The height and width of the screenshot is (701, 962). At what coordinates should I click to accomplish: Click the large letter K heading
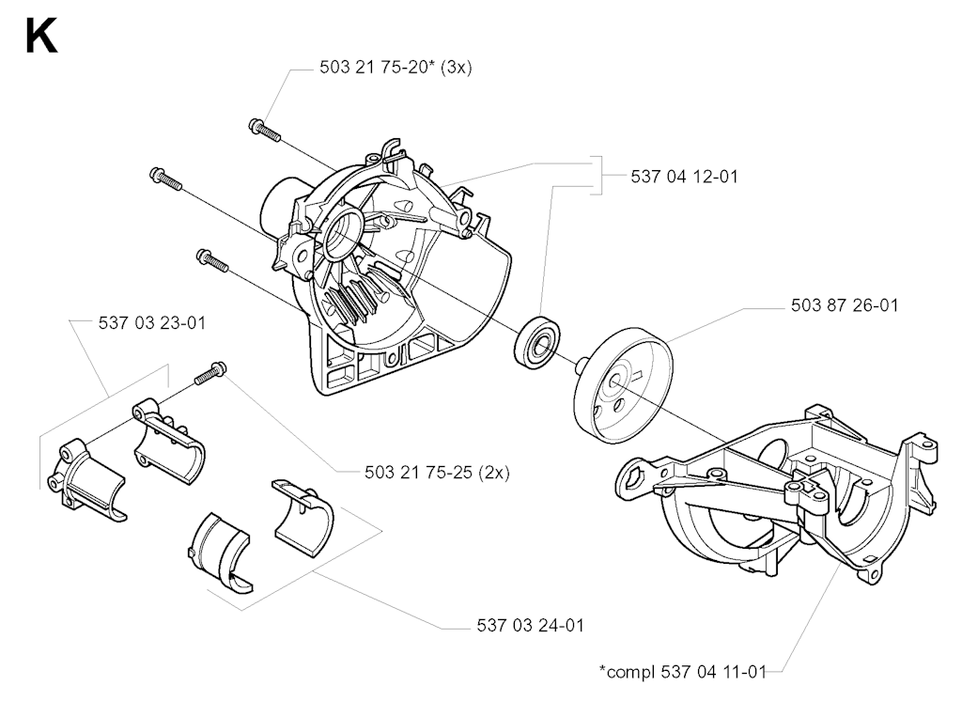tap(41, 37)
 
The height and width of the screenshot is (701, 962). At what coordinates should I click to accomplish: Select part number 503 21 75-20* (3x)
tap(396, 68)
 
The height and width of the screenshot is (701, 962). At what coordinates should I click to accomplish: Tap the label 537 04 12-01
tap(684, 177)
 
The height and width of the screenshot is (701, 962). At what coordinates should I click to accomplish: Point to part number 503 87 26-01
tap(845, 305)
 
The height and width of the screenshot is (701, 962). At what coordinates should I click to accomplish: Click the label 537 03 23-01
tap(151, 323)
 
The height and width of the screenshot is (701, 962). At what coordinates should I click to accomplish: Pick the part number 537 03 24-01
tap(530, 626)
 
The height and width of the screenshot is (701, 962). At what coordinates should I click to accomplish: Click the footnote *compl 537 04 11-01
tap(683, 672)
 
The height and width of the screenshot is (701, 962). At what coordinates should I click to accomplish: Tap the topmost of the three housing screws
tap(264, 130)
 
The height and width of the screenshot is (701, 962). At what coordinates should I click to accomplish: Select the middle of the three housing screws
tap(165, 179)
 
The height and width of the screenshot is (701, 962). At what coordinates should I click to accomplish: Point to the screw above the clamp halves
tap(210, 374)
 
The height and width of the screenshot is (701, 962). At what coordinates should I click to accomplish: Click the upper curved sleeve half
tap(303, 510)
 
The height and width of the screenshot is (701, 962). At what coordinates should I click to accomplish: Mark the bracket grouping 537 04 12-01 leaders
tap(595, 176)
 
